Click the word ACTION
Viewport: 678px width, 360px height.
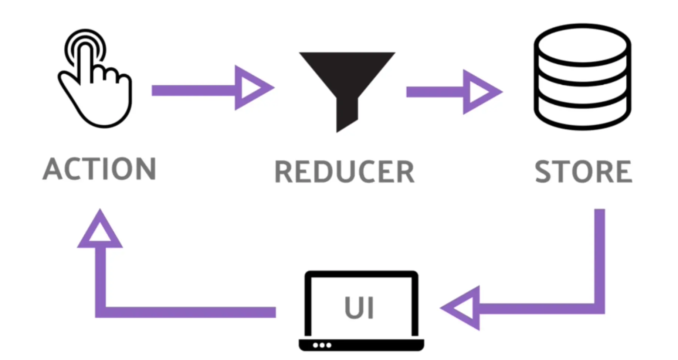[99, 169]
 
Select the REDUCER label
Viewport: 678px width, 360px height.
[345, 172]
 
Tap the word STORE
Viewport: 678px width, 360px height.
[583, 172]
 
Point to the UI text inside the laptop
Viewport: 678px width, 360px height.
[359, 308]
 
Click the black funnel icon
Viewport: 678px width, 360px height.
[347, 81]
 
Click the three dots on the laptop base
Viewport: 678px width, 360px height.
[322, 345]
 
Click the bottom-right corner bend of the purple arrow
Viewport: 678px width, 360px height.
[599, 308]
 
